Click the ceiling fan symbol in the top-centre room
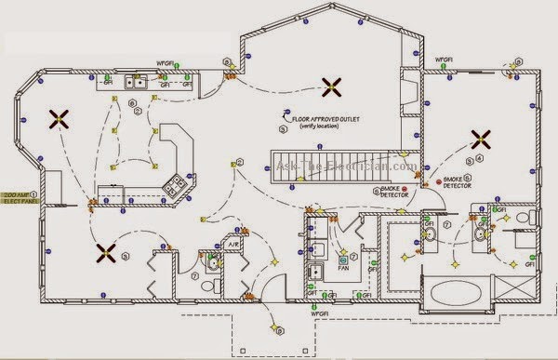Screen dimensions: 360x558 coord(329,87)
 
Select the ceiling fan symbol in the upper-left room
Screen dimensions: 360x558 coord(59,118)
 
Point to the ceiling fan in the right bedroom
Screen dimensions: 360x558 coord(481,140)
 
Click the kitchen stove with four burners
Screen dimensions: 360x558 coord(174,186)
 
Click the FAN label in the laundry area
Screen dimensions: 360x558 coord(343,263)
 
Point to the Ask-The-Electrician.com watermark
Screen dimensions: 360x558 coord(346,167)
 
